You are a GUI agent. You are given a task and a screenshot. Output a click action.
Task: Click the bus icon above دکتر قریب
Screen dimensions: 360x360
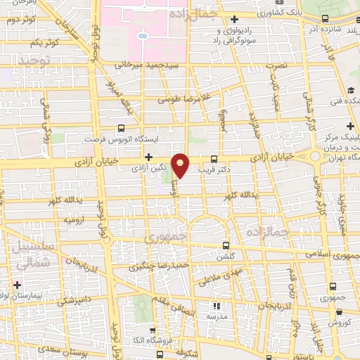(x=214, y=159)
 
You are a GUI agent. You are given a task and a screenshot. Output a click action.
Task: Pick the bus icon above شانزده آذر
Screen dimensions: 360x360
(x=324, y=19)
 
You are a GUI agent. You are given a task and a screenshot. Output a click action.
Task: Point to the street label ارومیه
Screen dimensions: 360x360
(x=75, y=220)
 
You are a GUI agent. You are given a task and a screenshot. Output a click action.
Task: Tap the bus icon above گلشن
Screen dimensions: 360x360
(x=225, y=245)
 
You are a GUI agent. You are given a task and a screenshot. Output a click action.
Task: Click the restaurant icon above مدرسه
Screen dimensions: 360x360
(x=217, y=306)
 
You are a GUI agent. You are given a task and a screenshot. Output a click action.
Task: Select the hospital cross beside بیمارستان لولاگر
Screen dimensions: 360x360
(x=16, y=285)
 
